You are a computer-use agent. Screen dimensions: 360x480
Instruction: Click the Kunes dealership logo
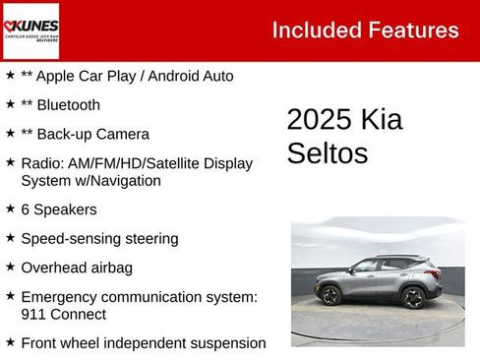[x=30, y=30]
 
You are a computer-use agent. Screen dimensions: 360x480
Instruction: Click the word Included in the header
[x=314, y=30]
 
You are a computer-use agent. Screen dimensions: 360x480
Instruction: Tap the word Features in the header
[x=411, y=30]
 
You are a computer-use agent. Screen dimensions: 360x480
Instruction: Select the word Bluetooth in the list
[x=68, y=104]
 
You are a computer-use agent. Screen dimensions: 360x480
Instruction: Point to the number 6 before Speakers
[x=26, y=210]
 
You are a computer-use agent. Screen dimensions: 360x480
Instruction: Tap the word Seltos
[x=328, y=152]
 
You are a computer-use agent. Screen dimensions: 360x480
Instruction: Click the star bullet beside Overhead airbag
[x=10, y=267]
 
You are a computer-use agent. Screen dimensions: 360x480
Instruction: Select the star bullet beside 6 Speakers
[x=10, y=210]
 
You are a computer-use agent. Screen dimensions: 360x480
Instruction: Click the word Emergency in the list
[x=64, y=296]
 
